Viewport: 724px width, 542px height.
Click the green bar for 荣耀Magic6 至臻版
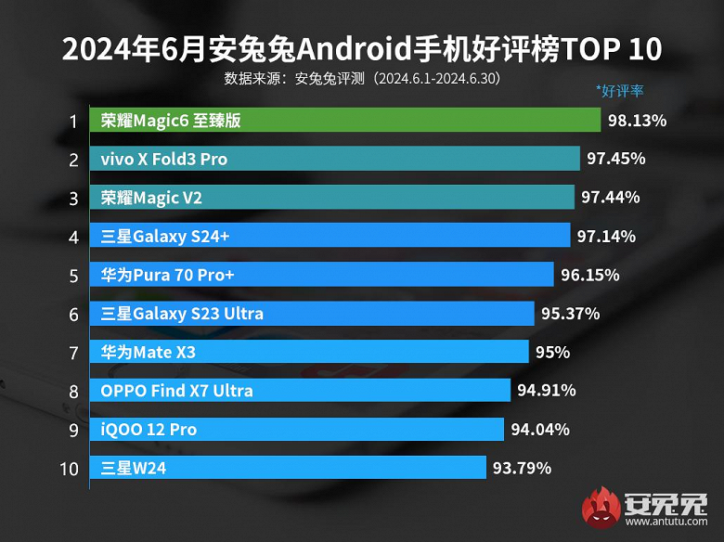pyautogui.click(x=345, y=121)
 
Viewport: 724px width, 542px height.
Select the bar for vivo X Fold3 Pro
pyautogui.click(x=335, y=160)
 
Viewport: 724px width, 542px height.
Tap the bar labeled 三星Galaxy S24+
pyautogui.click(x=330, y=237)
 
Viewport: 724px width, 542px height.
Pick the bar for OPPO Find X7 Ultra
pyautogui.click(x=300, y=391)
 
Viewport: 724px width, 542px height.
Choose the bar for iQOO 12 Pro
pyautogui.click(x=296, y=430)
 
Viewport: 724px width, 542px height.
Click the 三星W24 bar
pyautogui.click(x=288, y=469)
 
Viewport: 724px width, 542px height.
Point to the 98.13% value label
pyautogui.click(x=638, y=121)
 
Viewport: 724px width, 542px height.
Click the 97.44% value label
pyautogui.click(x=610, y=198)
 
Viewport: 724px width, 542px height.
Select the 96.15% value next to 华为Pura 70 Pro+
pyautogui.click(x=589, y=276)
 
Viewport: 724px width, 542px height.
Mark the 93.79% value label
pyautogui.click(x=523, y=469)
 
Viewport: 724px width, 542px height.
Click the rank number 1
pyautogui.click(x=71, y=121)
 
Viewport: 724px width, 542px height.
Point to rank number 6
pyautogui.click(x=72, y=314)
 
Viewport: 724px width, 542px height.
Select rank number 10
pyautogui.click(x=69, y=469)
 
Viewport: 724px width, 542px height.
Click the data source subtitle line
pyautogui.click(x=362, y=78)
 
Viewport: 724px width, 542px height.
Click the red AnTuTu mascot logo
pyautogui.click(x=602, y=508)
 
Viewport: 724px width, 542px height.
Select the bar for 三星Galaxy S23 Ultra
pyautogui.click(x=312, y=314)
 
